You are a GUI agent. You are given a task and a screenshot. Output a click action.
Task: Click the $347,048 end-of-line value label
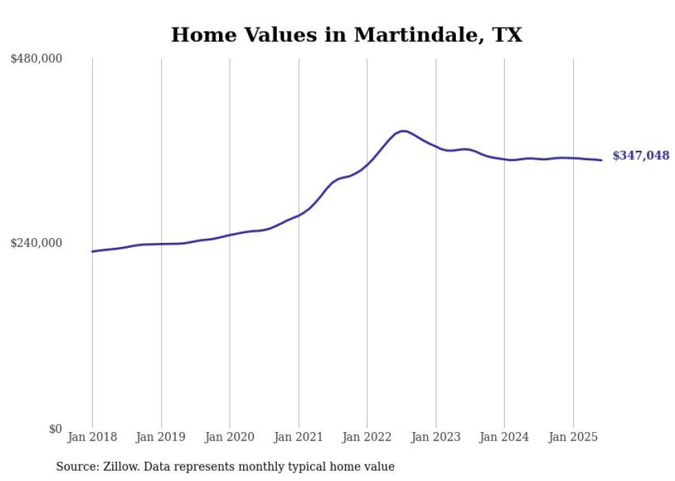641,156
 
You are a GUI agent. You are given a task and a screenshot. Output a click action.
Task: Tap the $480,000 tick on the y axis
37,59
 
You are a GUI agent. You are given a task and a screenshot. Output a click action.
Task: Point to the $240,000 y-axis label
37,243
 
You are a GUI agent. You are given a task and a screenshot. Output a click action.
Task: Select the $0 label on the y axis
55,429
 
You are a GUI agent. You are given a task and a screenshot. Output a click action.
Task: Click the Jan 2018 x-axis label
92,437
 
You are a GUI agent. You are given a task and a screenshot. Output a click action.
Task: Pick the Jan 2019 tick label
161,437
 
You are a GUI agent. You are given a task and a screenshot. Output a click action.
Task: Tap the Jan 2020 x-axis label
229,437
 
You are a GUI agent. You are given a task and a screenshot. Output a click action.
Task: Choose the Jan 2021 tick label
298,437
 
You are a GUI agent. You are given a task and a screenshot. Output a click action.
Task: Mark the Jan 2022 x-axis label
367,437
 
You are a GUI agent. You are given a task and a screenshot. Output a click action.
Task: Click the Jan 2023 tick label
435,437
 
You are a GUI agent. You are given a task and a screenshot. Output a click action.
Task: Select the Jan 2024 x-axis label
504,437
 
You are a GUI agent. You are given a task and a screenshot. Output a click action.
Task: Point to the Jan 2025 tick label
573,437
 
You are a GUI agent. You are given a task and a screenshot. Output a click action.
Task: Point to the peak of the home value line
403,131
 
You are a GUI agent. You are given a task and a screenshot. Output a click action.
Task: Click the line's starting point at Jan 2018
92,251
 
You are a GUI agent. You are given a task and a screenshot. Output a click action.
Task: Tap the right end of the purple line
601,160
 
